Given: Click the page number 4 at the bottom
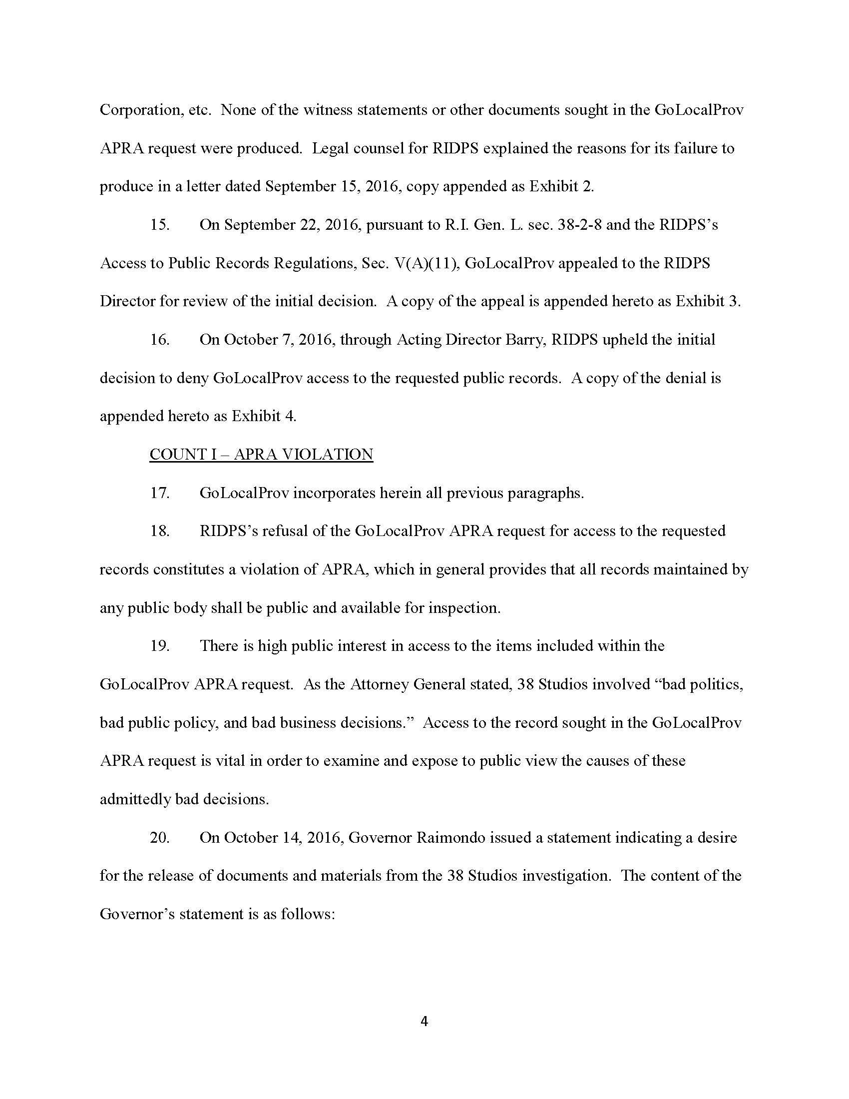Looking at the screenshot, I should click(x=424, y=1021).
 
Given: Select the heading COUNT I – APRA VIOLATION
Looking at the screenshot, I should click(x=261, y=455).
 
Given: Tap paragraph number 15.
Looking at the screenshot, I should click(x=160, y=224).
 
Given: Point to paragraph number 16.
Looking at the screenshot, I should click(x=160, y=340).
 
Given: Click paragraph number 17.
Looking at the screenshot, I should click(x=160, y=493).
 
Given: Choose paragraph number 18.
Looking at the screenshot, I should click(x=160, y=531).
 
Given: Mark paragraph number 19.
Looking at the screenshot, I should click(x=160, y=645).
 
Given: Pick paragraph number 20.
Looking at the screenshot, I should click(x=160, y=837).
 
